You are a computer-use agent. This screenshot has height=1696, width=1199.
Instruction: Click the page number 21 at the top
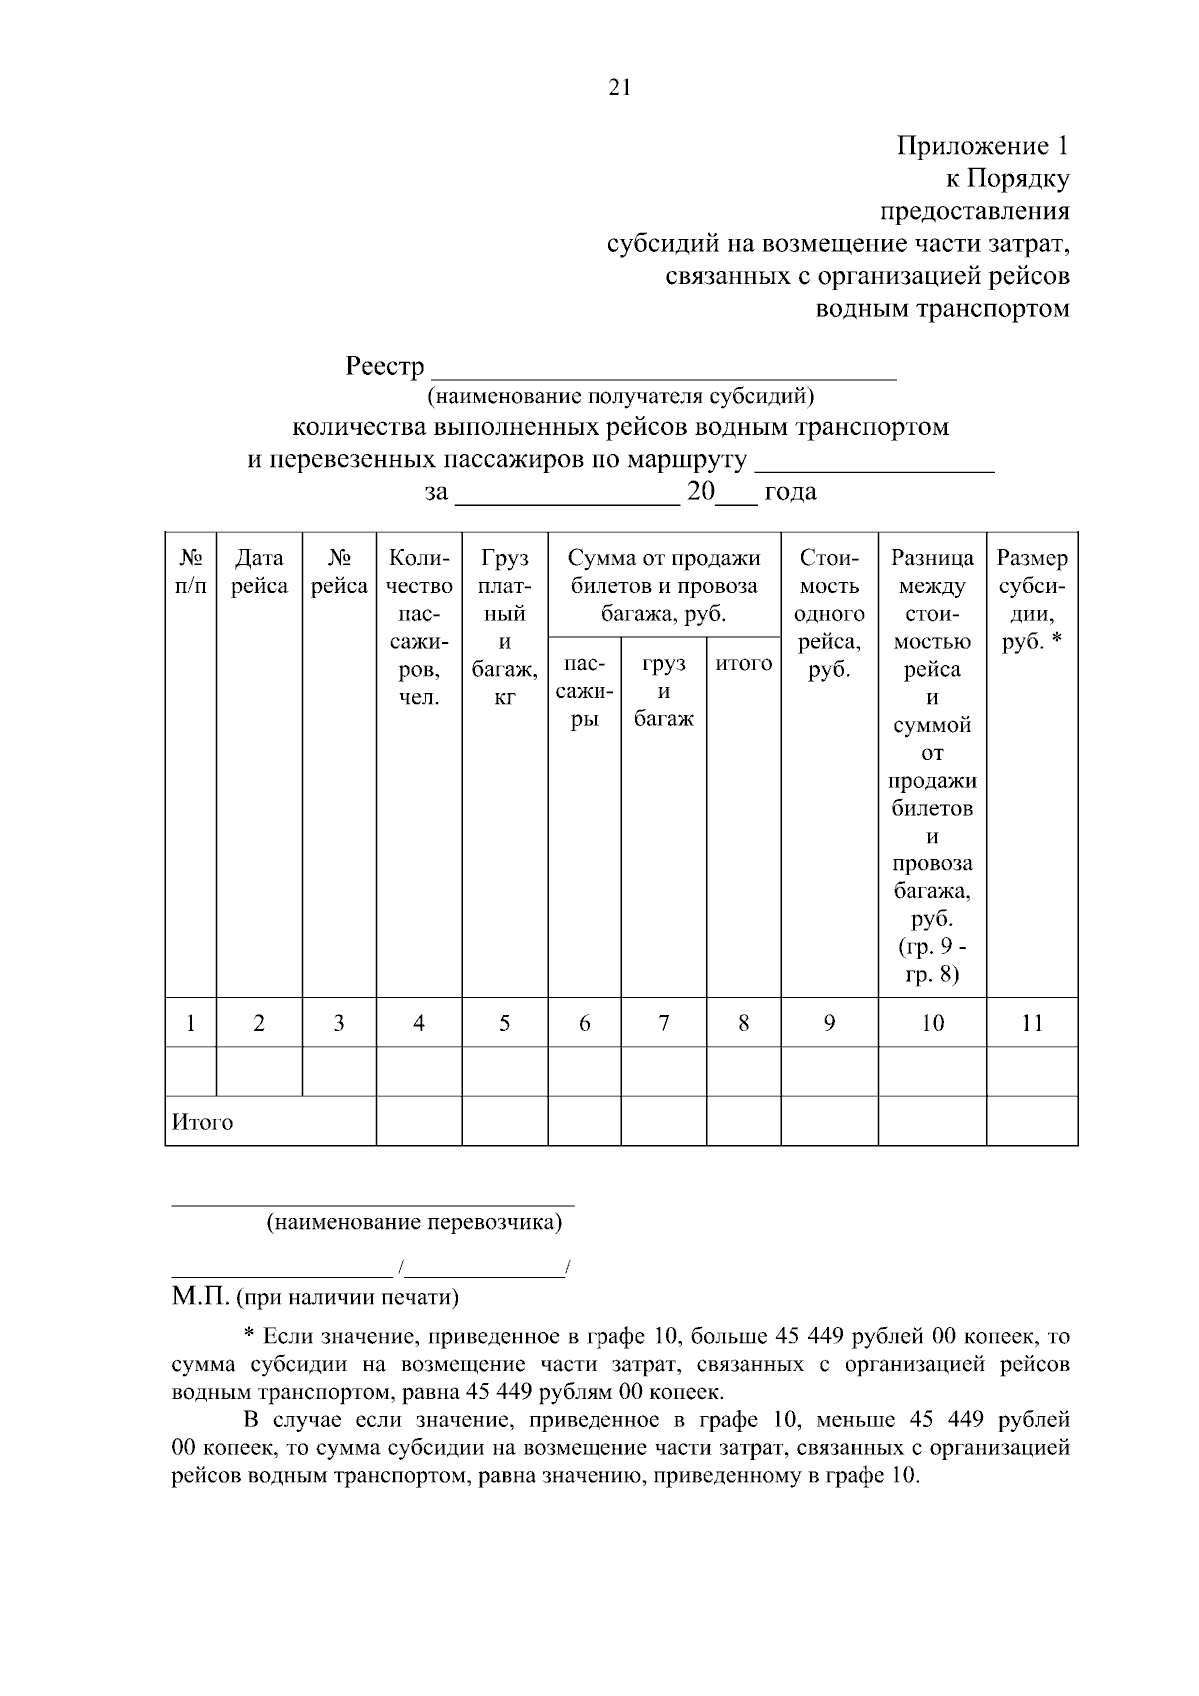(x=619, y=87)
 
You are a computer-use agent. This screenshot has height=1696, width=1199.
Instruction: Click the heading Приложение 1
(x=982, y=147)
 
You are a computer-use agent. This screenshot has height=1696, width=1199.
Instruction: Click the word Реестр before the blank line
(x=385, y=367)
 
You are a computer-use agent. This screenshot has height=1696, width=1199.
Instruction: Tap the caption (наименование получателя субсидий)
(x=620, y=397)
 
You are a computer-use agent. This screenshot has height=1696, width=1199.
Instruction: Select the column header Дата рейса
(x=259, y=572)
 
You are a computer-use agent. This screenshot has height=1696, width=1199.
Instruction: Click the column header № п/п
(x=190, y=572)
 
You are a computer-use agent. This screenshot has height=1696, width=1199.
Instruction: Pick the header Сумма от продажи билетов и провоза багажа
(x=663, y=586)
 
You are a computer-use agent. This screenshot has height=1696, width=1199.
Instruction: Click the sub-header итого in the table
(x=743, y=663)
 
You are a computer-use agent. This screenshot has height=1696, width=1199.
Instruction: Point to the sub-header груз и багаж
(x=663, y=691)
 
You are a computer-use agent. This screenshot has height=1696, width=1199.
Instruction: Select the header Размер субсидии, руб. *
(x=1032, y=600)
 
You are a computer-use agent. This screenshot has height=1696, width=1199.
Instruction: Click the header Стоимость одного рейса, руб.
(x=829, y=614)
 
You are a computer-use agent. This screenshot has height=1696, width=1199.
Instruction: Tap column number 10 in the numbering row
(x=931, y=1023)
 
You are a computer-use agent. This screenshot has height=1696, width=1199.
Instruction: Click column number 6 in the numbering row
(x=584, y=1023)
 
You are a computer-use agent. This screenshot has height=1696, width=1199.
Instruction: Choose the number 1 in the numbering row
(x=190, y=1023)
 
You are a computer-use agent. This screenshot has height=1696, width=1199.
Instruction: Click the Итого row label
(x=203, y=1122)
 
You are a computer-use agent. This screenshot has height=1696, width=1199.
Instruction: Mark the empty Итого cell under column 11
(x=1032, y=1121)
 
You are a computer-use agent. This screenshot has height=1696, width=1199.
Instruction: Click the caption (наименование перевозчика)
(x=414, y=1223)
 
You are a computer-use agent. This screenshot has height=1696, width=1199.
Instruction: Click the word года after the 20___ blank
(x=790, y=492)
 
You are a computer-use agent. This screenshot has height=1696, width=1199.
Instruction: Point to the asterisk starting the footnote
(x=250, y=1335)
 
